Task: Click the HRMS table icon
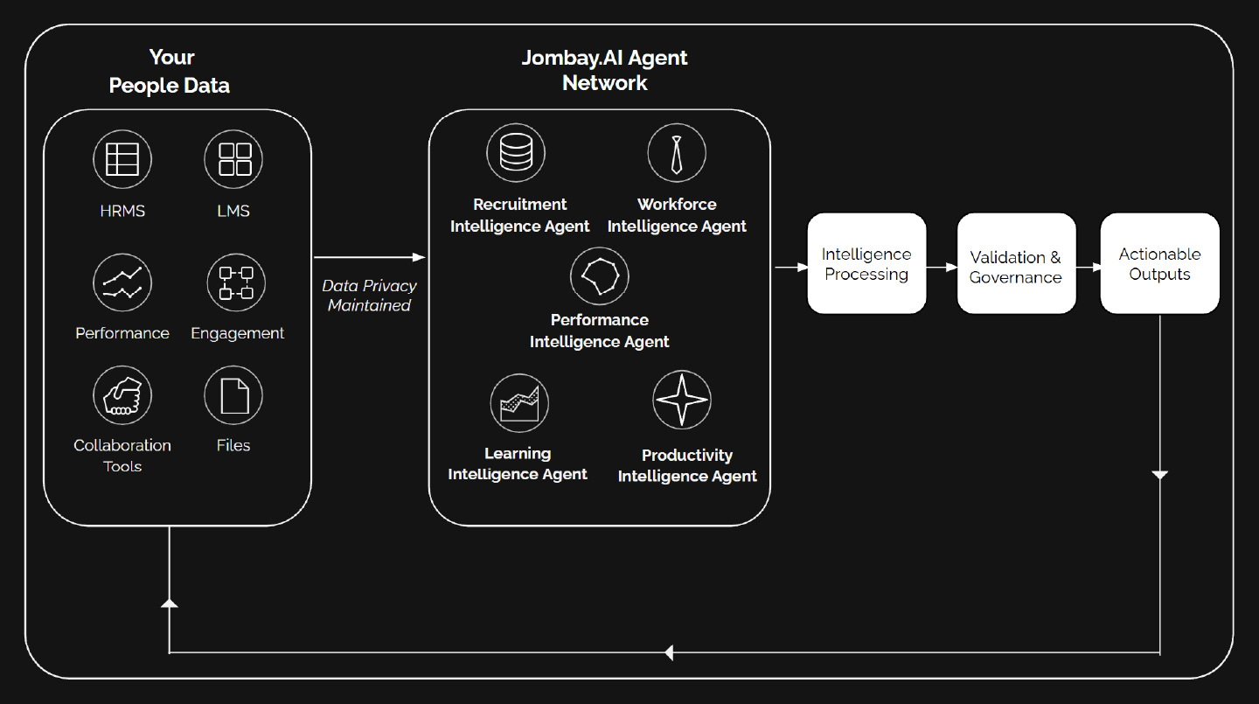point(122,159)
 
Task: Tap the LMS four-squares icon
point(233,159)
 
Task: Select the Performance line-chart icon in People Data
point(122,282)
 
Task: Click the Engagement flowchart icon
point(236,282)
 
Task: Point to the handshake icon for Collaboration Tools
point(122,395)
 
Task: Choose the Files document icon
point(233,395)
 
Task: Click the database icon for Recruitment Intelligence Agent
point(516,153)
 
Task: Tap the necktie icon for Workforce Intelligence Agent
point(677,153)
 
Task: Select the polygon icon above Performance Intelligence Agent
point(600,275)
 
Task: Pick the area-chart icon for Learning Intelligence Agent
point(519,403)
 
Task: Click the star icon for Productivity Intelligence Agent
point(682,400)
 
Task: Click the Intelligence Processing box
point(866,263)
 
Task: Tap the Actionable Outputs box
point(1159,263)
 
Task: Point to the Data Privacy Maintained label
point(369,296)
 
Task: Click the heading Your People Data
point(170,72)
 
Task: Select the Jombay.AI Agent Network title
point(604,70)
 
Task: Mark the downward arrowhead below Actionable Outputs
point(1159,475)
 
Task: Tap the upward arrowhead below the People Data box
point(169,603)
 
